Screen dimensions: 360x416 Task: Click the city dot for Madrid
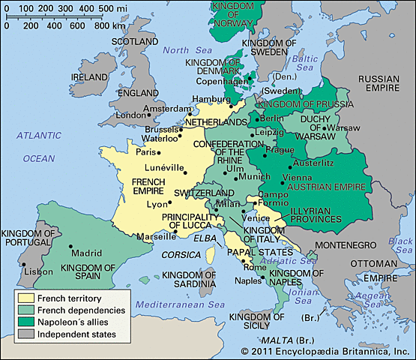[x=70, y=247]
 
